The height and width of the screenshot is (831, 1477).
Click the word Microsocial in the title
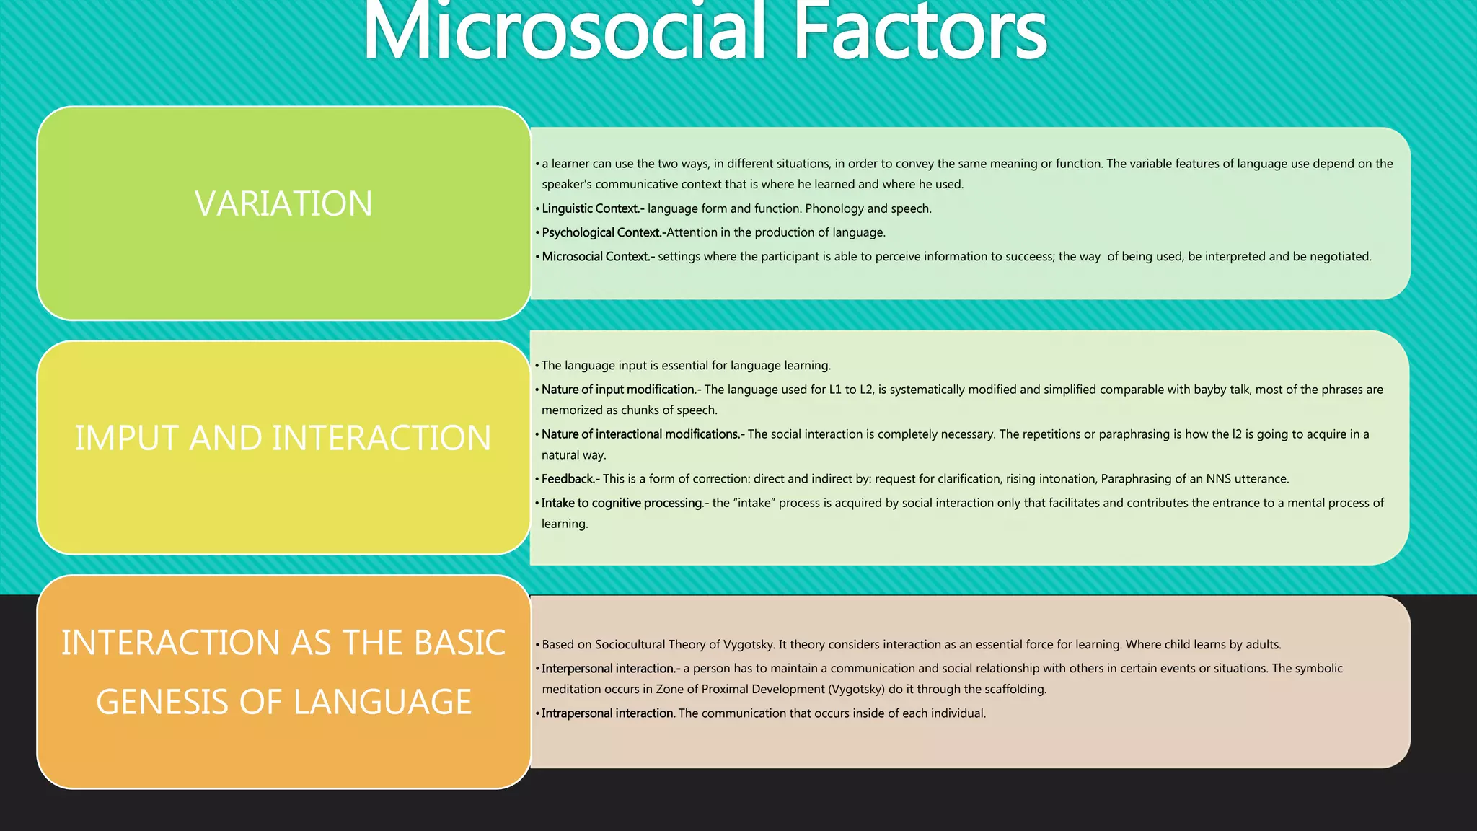(x=563, y=32)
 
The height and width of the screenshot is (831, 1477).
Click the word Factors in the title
(x=919, y=32)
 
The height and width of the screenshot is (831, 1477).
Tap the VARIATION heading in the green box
(x=283, y=204)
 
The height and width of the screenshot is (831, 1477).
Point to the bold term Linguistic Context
(x=591, y=208)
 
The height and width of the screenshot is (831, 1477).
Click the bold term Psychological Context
(x=602, y=232)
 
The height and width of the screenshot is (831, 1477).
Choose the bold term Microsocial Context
(x=596, y=256)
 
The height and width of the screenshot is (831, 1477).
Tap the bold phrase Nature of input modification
(x=619, y=390)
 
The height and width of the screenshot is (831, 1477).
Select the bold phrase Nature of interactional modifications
(x=641, y=434)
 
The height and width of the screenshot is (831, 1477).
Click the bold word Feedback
(x=568, y=479)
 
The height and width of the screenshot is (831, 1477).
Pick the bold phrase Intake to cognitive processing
(x=622, y=503)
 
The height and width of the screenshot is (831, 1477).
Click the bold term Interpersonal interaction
(x=609, y=669)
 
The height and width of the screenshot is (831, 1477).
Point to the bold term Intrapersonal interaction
(x=609, y=713)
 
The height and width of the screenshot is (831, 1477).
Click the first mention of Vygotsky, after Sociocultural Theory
(x=749, y=645)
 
